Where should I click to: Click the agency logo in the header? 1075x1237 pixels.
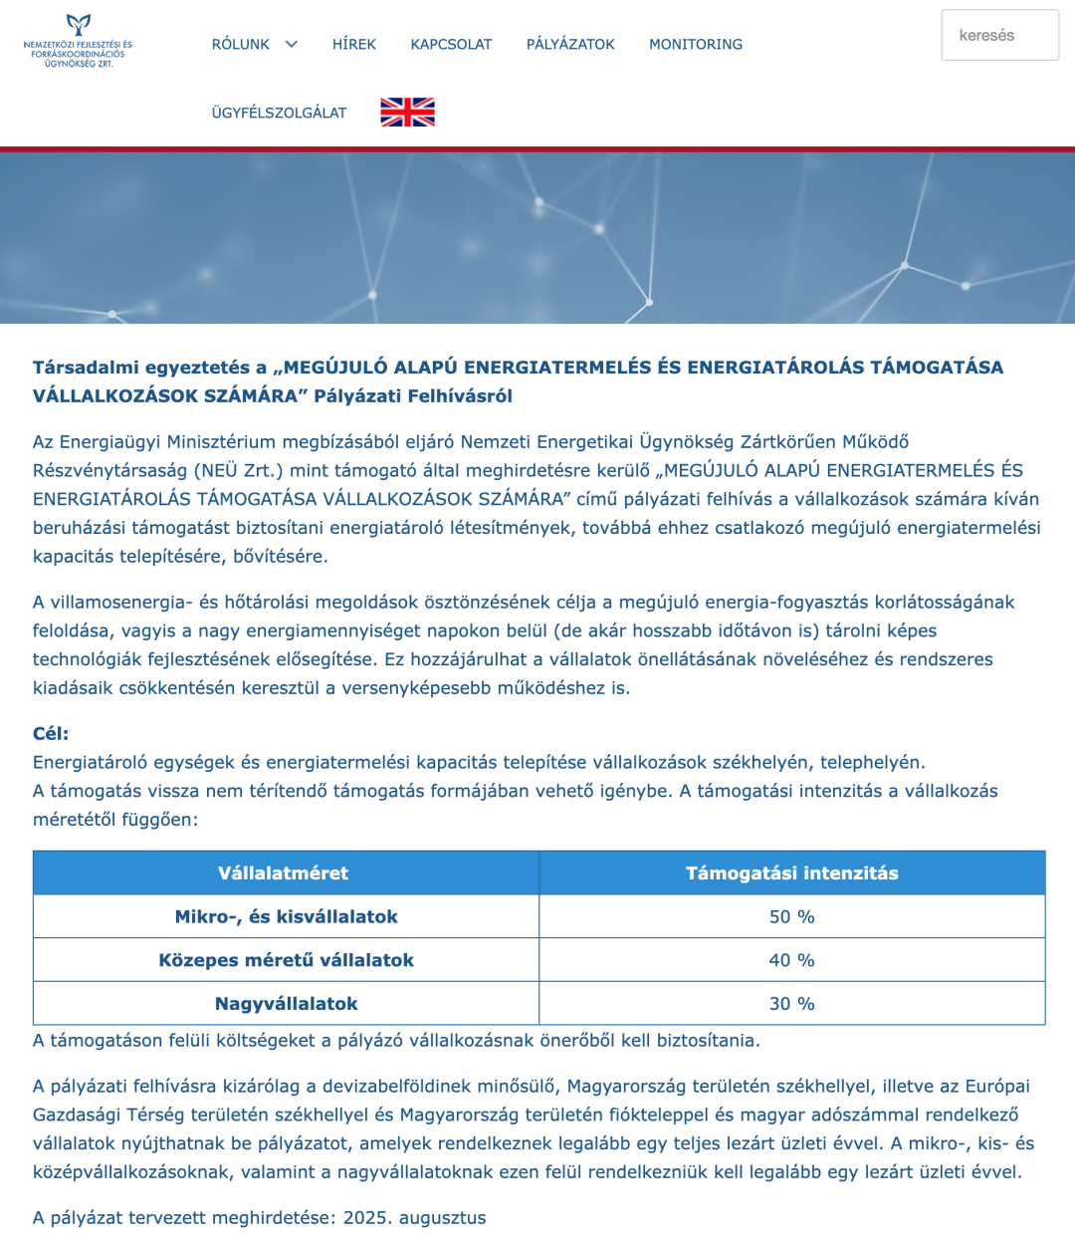(x=78, y=42)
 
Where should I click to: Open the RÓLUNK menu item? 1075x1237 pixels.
(x=240, y=45)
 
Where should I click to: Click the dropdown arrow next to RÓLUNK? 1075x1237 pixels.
(x=292, y=44)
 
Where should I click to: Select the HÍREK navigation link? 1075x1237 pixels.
(x=353, y=45)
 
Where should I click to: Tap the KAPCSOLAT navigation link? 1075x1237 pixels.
(x=451, y=45)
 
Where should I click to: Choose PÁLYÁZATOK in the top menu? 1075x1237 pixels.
(x=570, y=45)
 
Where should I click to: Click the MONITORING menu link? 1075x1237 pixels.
(x=696, y=45)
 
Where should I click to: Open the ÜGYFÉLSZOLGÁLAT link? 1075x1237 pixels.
(x=279, y=114)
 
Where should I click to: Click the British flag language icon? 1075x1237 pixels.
(x=407, y=113)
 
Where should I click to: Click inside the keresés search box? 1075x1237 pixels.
(x=999, y=36)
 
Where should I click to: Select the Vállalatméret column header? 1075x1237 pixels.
(x=284, y=873)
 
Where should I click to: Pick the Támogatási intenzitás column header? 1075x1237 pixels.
(x=791, y=873)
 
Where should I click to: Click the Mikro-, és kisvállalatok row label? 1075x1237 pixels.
(x=286, y=917)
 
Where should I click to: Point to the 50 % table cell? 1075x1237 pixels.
(x=791, y=917)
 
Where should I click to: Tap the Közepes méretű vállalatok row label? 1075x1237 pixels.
(x=286, y=961)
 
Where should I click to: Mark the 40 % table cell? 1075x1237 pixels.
(x=791, y=961)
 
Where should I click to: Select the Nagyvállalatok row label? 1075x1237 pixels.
(x=286, y=1004)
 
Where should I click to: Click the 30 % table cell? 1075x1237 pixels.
(x=791, y=1004)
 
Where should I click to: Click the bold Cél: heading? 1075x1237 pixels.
(x=51, y=734)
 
